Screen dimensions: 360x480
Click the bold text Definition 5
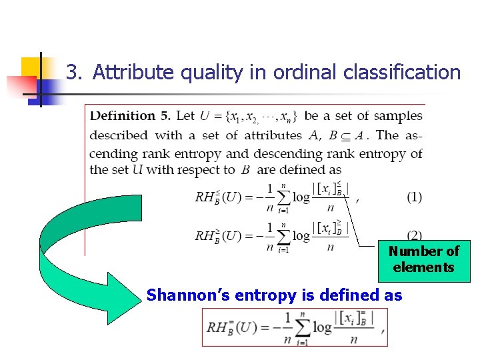point(130,116)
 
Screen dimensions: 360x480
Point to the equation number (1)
point(414,197)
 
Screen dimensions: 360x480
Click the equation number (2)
point(414,235)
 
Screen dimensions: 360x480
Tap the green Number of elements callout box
point(424,260)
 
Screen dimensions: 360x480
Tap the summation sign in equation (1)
point(283,197)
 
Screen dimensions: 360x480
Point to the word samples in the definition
point(398,116)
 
